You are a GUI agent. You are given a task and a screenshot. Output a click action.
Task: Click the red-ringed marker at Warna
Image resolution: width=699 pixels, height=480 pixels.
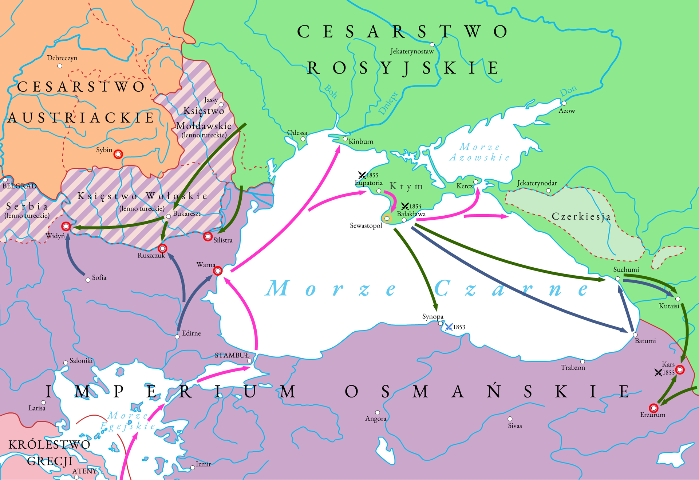pos(218,271)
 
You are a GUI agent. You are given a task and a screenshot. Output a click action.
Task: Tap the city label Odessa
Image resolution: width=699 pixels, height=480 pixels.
pos(297,133)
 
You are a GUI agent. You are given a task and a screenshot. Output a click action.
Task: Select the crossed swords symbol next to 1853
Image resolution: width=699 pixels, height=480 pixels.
pos(449,327)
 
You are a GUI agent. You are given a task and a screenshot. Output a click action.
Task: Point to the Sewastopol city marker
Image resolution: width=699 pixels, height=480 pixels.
pos(387,219)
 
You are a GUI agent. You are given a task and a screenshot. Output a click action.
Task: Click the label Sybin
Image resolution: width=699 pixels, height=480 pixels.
pos(104,150)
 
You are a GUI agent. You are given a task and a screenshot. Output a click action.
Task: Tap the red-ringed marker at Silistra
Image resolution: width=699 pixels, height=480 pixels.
pos(208,237)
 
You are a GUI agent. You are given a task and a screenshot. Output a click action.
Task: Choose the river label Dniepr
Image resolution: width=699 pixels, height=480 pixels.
pos(388,103)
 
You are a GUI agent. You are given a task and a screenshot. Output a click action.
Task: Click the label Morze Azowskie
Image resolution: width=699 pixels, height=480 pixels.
pos(479,152)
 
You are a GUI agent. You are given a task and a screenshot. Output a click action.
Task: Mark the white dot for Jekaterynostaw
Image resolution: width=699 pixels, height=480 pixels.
pos(432,45)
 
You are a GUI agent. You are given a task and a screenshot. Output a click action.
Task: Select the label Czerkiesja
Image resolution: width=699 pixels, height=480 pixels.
pos(581,217)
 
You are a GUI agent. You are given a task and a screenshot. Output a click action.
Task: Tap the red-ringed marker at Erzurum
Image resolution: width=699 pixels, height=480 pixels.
pos(653,408)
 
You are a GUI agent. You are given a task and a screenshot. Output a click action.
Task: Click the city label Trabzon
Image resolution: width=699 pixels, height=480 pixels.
pos(573,368)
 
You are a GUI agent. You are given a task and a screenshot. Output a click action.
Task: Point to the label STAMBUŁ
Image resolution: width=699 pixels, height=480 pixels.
pos(232,355)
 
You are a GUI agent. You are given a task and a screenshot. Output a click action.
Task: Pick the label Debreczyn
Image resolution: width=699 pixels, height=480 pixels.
pos(62,58)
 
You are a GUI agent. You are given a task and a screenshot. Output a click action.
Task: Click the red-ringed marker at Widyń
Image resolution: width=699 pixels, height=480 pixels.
pos(66,227)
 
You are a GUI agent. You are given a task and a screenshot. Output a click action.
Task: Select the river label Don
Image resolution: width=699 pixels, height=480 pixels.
pos(568,91)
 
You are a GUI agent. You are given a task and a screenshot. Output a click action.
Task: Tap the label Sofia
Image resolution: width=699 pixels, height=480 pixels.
pos(99,277)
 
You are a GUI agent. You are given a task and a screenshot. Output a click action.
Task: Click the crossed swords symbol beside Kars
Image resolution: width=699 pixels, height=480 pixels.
pos(658,372)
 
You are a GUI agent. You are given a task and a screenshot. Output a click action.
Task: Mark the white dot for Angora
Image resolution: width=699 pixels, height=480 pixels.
pos(378,413)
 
